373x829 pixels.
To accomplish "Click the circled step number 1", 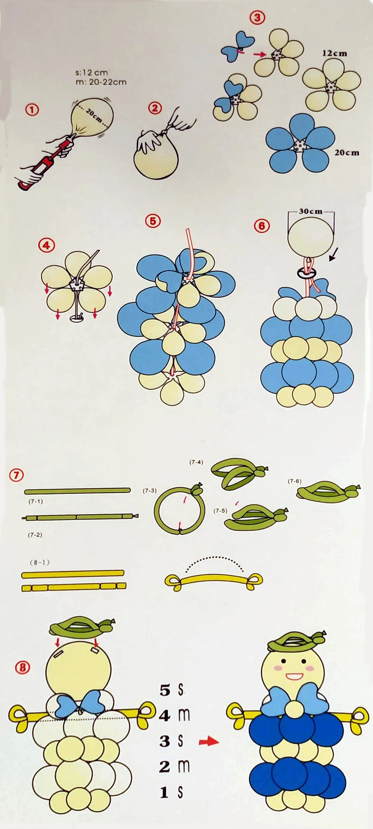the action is click(x=32, y=110).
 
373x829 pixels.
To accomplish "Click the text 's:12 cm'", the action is click(x=92, y=72).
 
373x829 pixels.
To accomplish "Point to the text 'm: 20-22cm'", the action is click(x=101, y=82).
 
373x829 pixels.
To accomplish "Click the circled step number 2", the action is click(x=155, y=108).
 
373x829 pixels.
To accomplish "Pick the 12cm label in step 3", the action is click(x=335, y=53).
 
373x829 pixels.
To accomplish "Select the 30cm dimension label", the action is click(x=311, y=211).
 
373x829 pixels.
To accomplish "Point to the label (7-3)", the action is click(x=149, y=491).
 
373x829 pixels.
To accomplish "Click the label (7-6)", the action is click(x=294, y=481).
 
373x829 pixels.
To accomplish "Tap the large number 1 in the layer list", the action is click(x=164, y=792).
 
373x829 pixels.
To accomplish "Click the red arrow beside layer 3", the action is click(x=209, y=741).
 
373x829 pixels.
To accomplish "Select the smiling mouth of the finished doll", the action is click(x=294, y=676).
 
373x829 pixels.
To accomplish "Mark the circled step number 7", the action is click(x=16, y=475).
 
